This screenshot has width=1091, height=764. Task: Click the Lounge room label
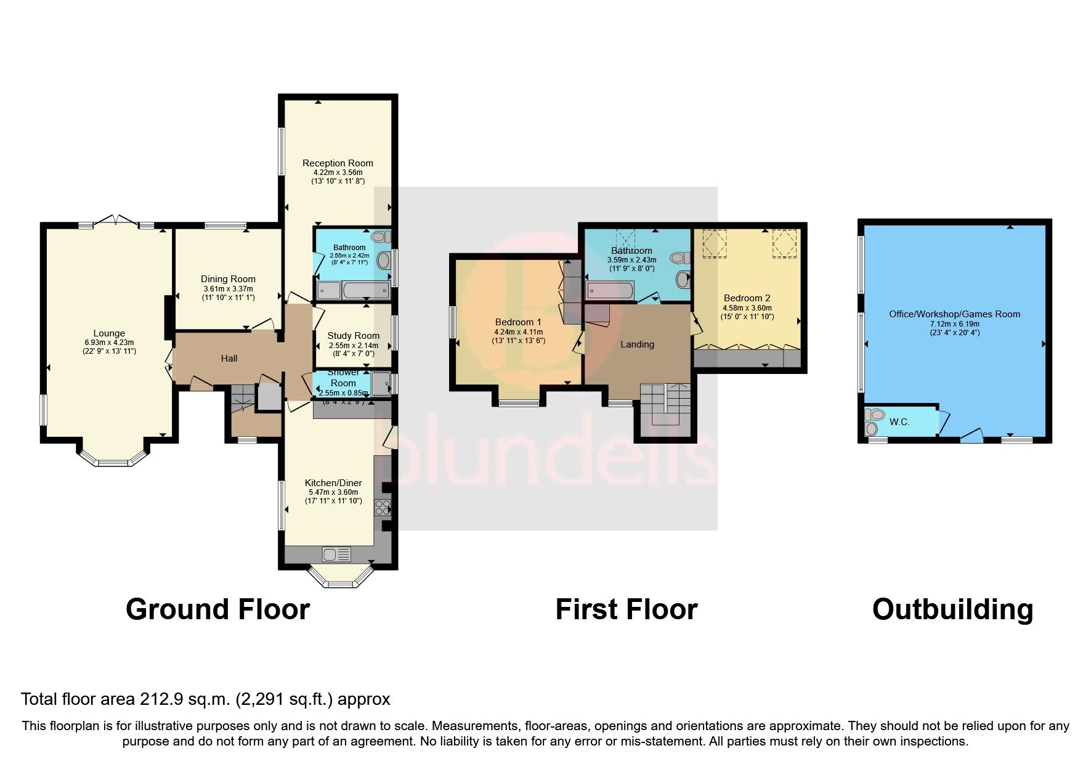[109, 333]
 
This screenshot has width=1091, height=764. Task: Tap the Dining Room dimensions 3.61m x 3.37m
[228, 288]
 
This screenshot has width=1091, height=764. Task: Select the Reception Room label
[338, 163]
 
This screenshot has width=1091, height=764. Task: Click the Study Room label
[353, 336]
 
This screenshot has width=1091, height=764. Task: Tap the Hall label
[229, 358]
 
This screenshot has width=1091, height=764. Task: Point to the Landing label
[637, 344]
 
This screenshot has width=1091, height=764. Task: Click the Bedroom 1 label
[518, 322]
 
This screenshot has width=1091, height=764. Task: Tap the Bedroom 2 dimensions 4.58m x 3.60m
[747, 308]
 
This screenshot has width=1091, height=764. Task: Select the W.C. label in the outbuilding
[899, 422]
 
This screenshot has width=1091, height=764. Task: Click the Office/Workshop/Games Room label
[954, 314]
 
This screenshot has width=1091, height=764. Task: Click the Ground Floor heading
[217, 609]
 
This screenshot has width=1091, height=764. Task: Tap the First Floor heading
[626, 609]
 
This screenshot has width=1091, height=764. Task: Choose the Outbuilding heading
[952, 609]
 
